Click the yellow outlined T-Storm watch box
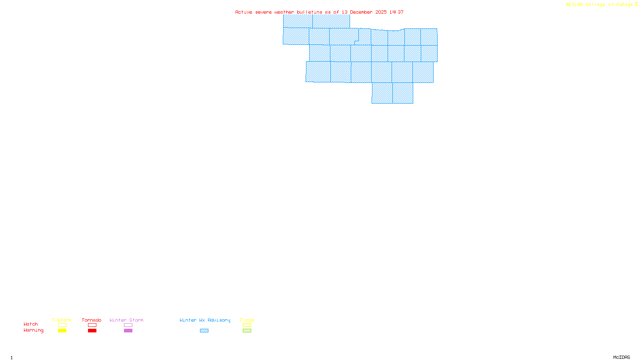62,325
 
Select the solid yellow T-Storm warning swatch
62,331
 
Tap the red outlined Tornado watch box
92,325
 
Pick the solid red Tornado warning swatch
92,331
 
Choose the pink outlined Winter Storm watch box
128,325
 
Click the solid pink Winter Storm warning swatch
128,331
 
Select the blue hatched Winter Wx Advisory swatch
204,331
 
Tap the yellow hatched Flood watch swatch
247,325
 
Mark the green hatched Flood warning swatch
247,331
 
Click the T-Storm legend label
62,320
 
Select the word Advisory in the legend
219,320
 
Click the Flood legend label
247,320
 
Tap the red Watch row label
31,324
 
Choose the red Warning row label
33,330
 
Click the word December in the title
361,12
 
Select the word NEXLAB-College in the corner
586,5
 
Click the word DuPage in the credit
624,5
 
